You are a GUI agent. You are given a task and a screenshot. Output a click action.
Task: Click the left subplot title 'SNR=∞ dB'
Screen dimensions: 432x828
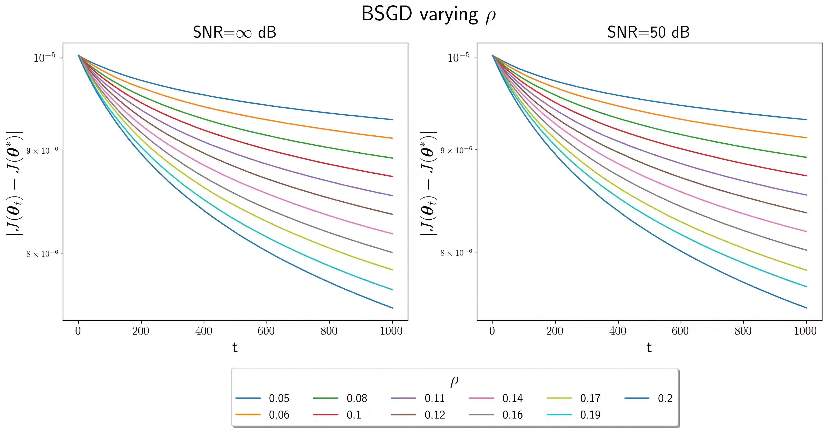234,32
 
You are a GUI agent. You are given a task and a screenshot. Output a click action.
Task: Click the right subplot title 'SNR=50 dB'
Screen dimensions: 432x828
648,32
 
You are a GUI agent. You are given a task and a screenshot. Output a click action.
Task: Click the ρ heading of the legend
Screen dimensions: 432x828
454,381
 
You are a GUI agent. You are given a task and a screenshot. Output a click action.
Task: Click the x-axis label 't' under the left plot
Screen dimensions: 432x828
235,347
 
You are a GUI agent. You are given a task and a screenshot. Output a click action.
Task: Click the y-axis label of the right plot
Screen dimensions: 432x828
428,183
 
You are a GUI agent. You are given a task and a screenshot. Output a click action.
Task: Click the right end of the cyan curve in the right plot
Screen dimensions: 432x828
806,287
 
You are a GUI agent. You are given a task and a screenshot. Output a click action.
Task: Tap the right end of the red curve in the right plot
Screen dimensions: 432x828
806,176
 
